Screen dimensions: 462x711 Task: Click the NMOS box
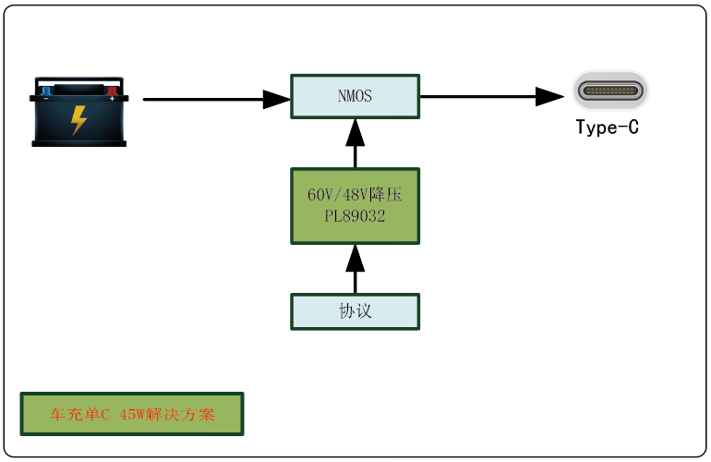[355, 96]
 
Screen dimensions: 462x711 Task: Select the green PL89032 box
[355, 205]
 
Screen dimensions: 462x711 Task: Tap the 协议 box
[355, 311]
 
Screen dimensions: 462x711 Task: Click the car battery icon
[78, 111]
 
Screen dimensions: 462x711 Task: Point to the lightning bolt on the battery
[79, 119]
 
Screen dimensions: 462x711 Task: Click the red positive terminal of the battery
[113, 91]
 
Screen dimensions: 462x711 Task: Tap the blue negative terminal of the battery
[46, 91]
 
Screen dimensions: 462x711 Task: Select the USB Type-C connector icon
[609, 91]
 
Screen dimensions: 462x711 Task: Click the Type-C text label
[607, 128]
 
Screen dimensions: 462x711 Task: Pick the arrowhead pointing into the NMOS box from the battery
[277, 98]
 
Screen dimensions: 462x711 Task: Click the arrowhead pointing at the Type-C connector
[550, 95]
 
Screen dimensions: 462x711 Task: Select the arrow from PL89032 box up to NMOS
[355, 145]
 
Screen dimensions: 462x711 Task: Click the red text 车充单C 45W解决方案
[132, 415]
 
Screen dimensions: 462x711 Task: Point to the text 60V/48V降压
[355, 196]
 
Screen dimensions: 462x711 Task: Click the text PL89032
[355, 215]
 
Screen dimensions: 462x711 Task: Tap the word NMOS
[355, 95]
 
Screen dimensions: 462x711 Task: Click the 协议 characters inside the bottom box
[355, 311]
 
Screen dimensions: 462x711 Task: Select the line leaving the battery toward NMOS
[203, 98]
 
